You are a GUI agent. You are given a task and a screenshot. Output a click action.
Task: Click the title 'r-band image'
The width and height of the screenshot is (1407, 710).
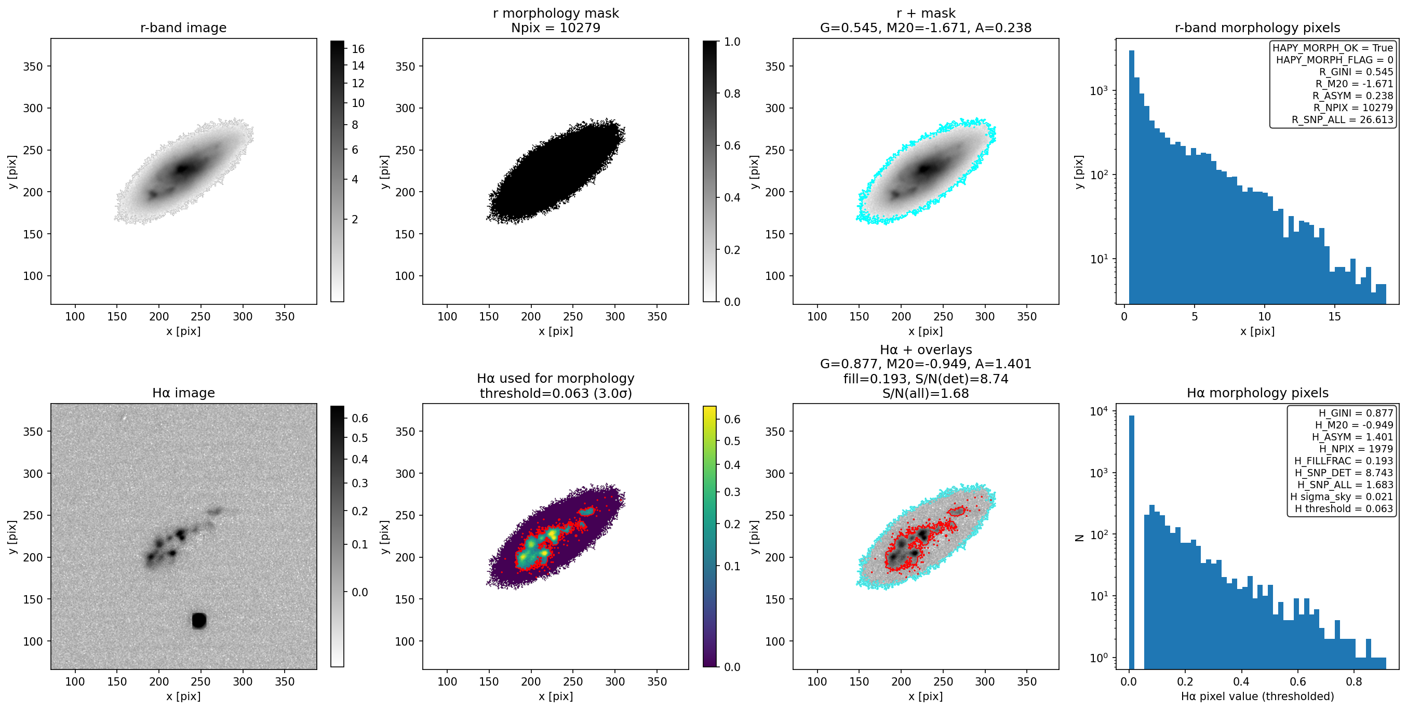[x=183, y=28]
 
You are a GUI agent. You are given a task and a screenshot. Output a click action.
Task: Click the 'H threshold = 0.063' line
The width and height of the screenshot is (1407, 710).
[x=1344, y=508]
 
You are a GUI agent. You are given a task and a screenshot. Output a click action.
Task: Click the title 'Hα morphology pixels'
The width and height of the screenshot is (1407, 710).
[x=1257, y=393]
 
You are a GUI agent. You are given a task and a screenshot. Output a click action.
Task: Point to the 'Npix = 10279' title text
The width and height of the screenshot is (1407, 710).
[x=556, y=28]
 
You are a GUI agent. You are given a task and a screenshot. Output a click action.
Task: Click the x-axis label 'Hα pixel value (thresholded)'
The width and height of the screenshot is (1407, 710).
[x=1257, y=696]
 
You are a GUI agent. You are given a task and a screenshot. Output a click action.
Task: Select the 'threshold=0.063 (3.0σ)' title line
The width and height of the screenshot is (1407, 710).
[x=556, y=393]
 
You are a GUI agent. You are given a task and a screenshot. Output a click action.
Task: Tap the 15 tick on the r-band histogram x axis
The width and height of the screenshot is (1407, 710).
[x=1334, y=316]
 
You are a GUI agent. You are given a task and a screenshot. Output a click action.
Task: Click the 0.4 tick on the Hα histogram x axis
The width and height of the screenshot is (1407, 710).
[x=1241, y=681]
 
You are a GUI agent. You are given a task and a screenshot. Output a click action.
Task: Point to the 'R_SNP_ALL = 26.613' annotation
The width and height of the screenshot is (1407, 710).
[x=1342, y=120]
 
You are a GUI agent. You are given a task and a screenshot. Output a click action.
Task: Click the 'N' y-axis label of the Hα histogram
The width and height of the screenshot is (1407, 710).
[x=1079, y=538]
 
